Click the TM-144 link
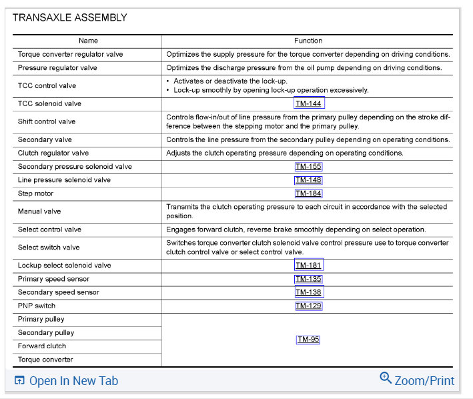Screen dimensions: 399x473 pyautogui.click(x=308, y=103)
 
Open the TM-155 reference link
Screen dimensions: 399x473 pyautogui.click(x=308, y=166)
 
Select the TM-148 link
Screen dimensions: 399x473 pyautogui.click(x=308, y=180)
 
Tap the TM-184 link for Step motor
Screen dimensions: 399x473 pyautogui.click(x=308, y=193)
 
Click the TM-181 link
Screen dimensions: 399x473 pyautogui.click(x=308, y=266)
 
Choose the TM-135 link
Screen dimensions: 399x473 pyautogui.click(x=308, y=279)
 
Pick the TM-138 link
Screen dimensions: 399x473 pyautogui.click(x=308, y=292)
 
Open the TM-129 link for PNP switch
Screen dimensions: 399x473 pyautogui.click(x=308, y=306)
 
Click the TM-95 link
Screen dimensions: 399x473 pyautogui.click(x=308, y=339)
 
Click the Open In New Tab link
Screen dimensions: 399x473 pyautogui.click(x=73, y=381)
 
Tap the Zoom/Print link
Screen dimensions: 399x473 pyautogui.click(x=424, y=381)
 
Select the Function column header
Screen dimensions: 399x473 pyautogui.click(x=308, y=41)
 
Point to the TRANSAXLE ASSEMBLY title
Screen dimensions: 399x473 pyautogui.click(x=70, y=18)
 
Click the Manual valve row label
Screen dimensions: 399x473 pyautogui.click(x=39, y=212)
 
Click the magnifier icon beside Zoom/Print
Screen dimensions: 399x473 pyautogui.click(x=386, y=378)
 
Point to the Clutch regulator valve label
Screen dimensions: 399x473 pyautogui.click(x=53, y=153)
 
